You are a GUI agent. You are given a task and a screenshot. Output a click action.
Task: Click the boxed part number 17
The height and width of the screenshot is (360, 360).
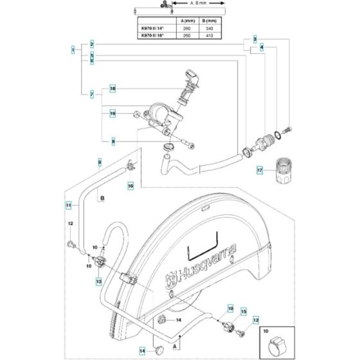click(260, 170)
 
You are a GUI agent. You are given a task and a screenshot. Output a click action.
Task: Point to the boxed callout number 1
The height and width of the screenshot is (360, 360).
click(73, 50)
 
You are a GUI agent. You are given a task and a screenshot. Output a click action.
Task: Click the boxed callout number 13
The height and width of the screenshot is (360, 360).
click(98, 281)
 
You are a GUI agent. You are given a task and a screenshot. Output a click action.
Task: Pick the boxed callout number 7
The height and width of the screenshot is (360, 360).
click(93, 94)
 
